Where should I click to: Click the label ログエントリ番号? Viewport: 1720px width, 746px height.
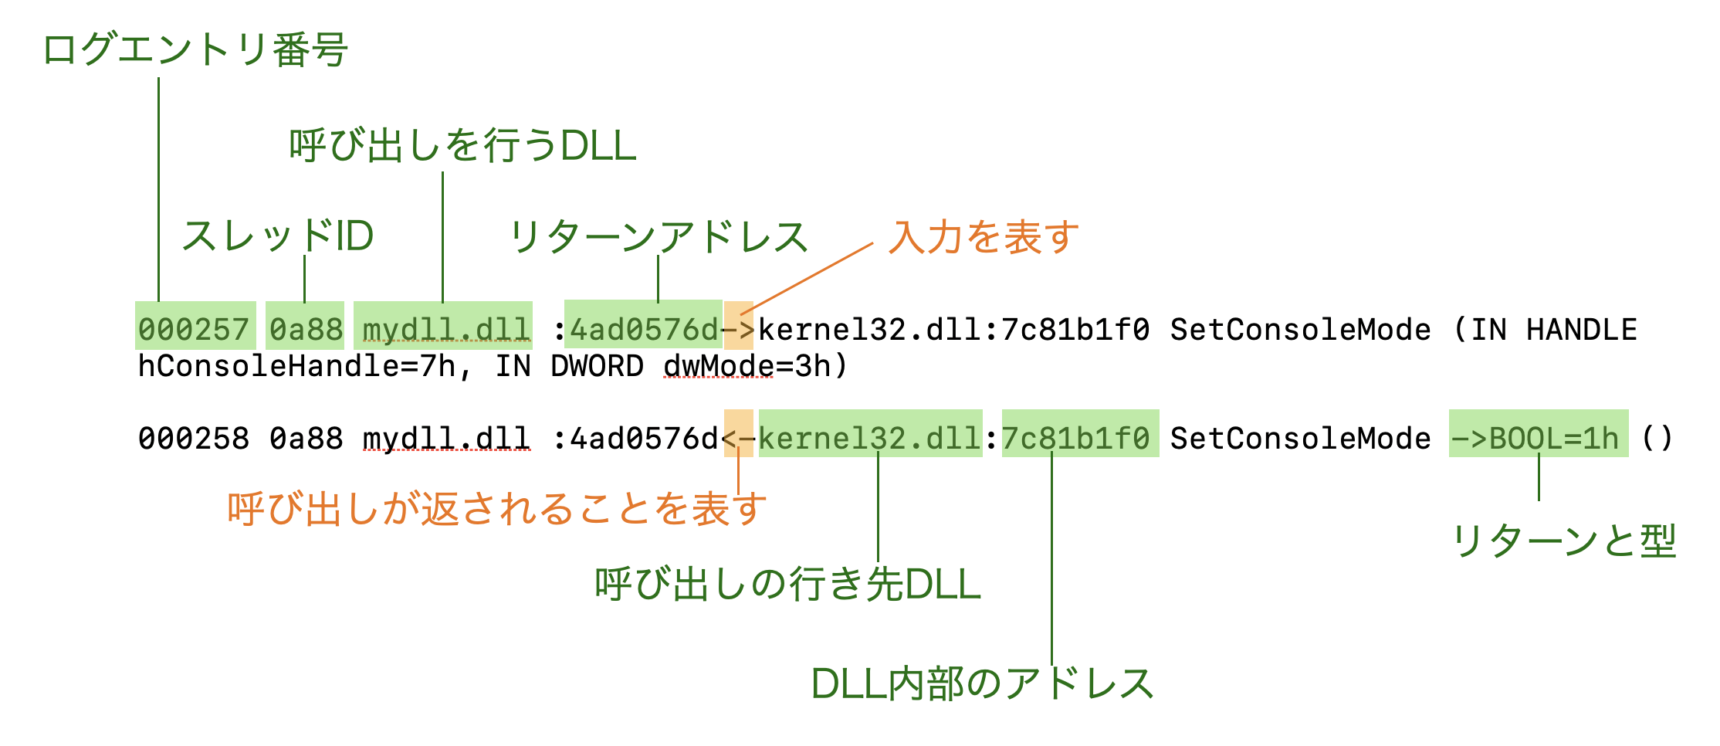coord(195,50)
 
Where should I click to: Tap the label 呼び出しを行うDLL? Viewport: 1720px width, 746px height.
coord(462,145)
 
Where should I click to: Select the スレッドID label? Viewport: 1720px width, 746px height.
coord(278,236)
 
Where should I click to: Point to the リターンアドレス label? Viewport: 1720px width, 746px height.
coord(659,236)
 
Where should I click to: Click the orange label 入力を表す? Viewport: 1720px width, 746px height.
coord(984,236)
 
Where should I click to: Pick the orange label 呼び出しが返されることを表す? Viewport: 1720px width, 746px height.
coord(497,509)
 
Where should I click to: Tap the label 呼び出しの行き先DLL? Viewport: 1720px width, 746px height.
coord(787,584)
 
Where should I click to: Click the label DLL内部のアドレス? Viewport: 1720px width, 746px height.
coord(982,683)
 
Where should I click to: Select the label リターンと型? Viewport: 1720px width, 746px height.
coord(1564,541)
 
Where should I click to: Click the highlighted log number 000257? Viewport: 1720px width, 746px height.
coord(194,330)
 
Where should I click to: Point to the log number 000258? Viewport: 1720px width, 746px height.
coord(194,439)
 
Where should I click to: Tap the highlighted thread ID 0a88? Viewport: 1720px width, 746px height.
coord(306,330)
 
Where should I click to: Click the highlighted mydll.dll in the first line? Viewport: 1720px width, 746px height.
coord(446,330)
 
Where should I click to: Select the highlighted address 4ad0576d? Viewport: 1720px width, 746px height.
coord(644,330)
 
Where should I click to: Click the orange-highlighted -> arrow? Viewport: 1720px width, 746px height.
coord(739,330)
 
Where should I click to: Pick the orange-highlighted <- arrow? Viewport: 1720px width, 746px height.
coord(739,439)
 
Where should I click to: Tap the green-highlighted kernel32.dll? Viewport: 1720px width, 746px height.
coord(870,439)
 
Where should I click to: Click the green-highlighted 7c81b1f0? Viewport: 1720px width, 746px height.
coord(1080,439)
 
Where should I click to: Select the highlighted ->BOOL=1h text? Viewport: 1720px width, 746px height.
coord(1537,439)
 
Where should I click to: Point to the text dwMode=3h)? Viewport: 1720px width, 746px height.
coord(756,366)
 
